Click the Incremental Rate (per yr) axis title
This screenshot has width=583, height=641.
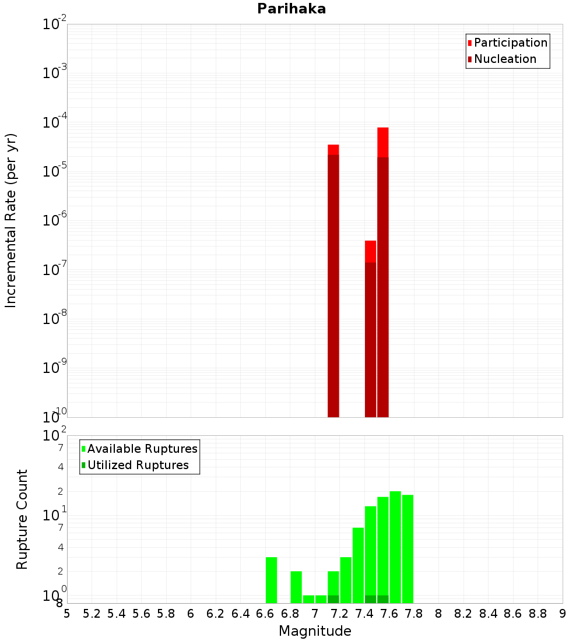click(x=11, y=220)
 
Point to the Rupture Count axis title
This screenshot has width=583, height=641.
click(x=22, y=519)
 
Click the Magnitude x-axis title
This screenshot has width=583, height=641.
click(x=315, y=631)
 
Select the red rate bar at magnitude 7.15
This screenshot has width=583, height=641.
click(x=333, y=280)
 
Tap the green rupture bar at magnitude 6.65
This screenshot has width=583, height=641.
click(x=271, y=580)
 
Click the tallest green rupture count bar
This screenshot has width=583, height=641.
click(x=395, y=547)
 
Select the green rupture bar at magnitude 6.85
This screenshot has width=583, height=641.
click(x=296, y=587)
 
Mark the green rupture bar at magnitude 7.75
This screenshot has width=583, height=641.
click(x=408, y=548)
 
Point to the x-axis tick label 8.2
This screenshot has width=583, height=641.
click(x=463, y=614)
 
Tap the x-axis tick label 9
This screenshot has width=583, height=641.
click(x=563, y=614)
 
